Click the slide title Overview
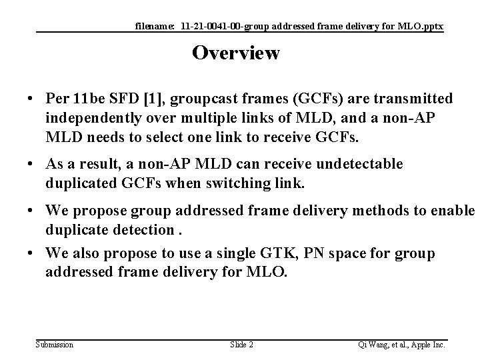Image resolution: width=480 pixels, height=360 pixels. click(x=236, y=53)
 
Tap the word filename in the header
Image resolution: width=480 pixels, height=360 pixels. click(x=153, y=26)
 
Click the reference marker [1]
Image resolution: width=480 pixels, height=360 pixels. click(x=155, y=99)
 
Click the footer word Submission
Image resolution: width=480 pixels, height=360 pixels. click(x=55, y=344)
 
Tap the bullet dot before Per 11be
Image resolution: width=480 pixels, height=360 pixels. click(x=31, y=100)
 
